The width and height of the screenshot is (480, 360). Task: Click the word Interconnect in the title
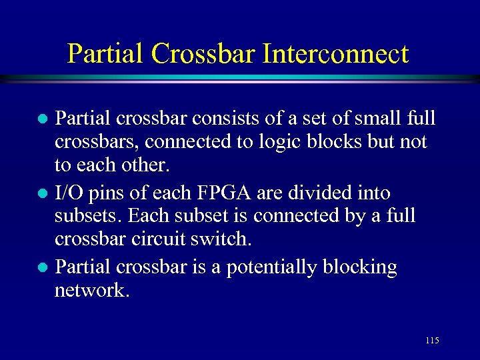coord(335,53)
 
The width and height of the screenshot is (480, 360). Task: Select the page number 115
coord(431,341)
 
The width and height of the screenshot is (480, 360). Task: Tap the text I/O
coord(69,193)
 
